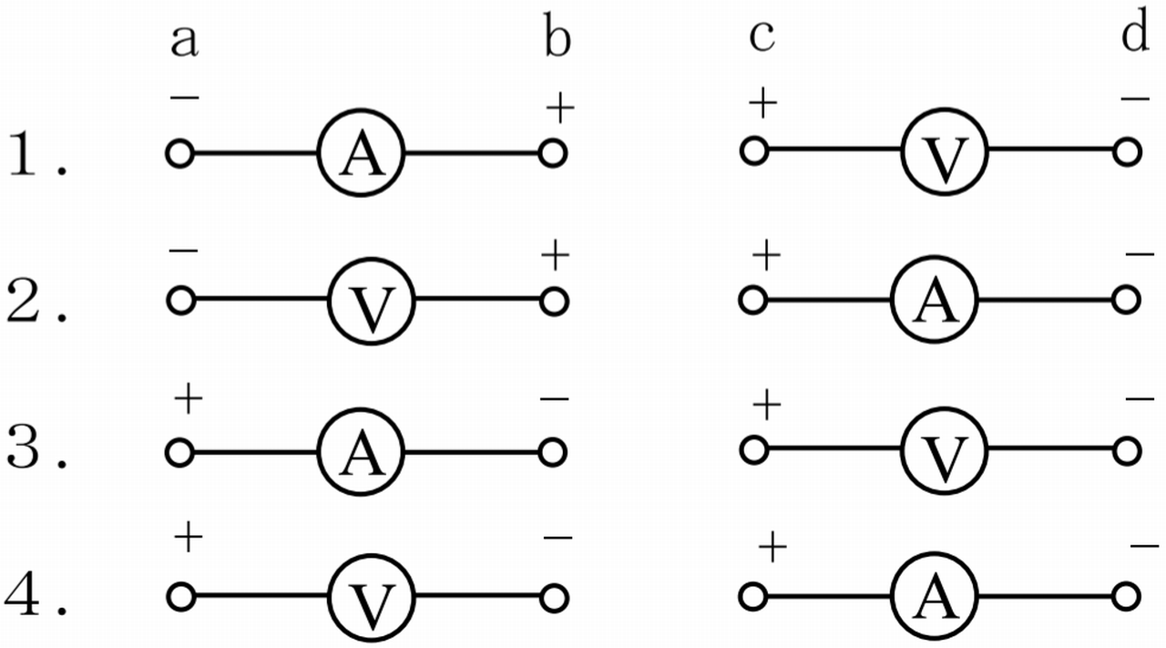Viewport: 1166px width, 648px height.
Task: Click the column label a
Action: pyautogui.click(x=184, y=41)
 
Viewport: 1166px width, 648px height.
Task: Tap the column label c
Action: pyautogui.click(x=761, y=37)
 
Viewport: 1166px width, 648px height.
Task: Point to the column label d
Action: pyautogui.click(x=1134, y=36)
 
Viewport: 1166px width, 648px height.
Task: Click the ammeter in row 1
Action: pyautogui.click(x=361, y=155)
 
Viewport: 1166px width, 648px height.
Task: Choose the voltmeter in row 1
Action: pyautogui.click(x=945, y=153)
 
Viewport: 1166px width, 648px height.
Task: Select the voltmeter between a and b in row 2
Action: pyautogui.click(x=372, y=302)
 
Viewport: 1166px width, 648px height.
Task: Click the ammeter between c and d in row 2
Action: pyautogui.click(x=934, y=301)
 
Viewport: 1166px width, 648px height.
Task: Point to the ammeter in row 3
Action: pyautogui.click(x=361, y=451)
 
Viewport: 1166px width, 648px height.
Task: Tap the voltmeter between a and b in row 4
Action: pyautogui.click(x=372, y=598)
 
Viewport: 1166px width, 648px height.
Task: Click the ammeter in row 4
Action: pyautogui.click(x=934, y=597)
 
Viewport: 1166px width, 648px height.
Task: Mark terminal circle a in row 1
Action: pyautogui.click(x=179, y=154)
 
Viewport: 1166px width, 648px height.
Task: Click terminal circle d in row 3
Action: pyautogui.click(x=1127, y=449)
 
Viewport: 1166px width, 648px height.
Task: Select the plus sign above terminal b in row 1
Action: pyautogui.click(x=559, y=109)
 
